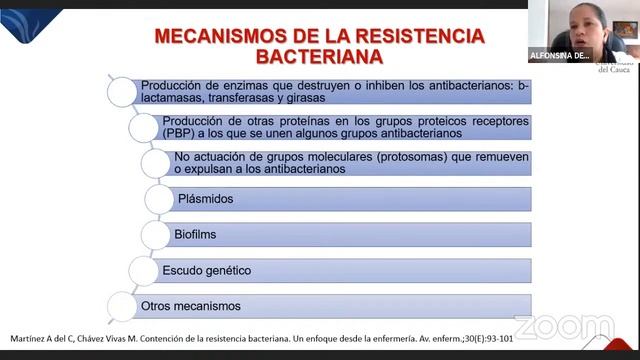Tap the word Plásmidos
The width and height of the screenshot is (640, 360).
[204, 199]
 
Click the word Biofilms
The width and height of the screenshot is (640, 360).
[196, 235]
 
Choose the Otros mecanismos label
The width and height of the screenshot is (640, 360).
[190, 306]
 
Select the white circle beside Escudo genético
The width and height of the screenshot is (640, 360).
[143, 271]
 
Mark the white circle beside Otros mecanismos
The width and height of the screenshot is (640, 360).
[122, 306]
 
